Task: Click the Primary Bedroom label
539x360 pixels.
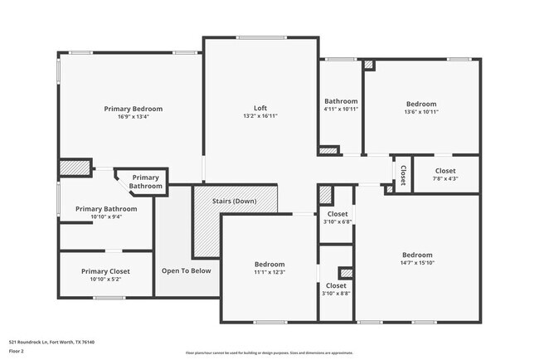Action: tap(133, 109)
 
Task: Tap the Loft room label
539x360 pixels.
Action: tap(260, 108)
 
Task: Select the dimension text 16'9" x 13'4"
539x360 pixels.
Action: tap(133, 117)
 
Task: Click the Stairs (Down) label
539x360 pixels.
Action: tap(233, 202)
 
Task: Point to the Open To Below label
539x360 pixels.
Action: tap(186, 270)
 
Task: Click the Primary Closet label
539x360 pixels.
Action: tap(105, 271)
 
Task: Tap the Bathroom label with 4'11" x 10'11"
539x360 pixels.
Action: tap(341, 101)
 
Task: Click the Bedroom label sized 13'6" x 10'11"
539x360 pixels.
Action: tap(421, 103)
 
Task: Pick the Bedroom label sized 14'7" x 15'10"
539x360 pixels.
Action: tap(417, 255)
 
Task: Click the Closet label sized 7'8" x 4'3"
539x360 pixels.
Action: tap(445, 171)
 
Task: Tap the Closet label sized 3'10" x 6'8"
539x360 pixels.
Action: tap(337, 214)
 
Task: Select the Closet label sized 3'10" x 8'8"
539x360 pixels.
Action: tap(337, 285)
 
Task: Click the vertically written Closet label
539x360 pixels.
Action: tap(403, 175)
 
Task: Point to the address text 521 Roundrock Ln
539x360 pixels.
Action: tap(51, 341)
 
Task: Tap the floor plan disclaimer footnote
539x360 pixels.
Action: tap(269, 352)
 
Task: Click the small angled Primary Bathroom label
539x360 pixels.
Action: tap(145, 182)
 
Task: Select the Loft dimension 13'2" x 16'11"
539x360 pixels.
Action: tap(260, 117)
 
